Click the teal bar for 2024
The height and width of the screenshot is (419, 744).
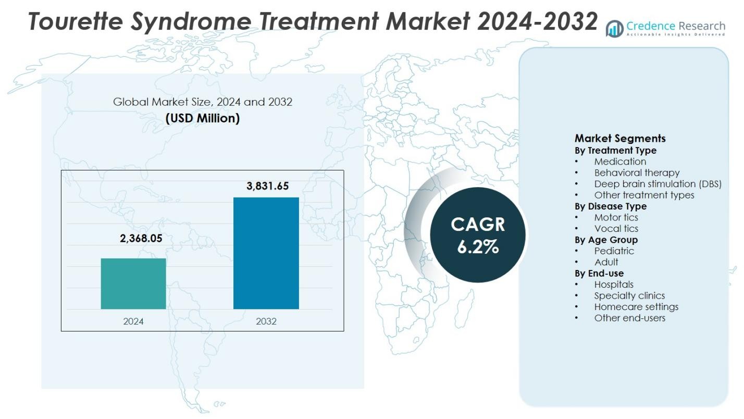[x=133, y=284]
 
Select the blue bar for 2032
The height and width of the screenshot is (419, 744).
[x=266, y=253]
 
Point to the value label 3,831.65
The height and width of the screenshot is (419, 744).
[x=267, y=186]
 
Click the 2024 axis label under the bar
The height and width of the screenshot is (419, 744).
[x=133, y=321]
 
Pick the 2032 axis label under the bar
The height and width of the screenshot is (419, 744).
[x=266, y=321]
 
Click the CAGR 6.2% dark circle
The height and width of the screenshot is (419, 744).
[x=478, y=235]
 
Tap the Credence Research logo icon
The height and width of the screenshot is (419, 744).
[x=615, y=29]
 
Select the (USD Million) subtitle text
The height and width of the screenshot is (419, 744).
[x=203, y=118]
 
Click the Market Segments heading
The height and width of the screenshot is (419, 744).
[x=620, y=138]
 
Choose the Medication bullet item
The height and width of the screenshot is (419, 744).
[x=620, y=162]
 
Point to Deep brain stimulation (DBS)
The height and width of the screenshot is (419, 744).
[x=658, y=184]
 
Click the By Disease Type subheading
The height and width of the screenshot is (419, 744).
[x=611, y=206]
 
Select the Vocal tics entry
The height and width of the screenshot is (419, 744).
[x=616, y=228]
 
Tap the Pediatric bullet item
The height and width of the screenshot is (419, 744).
[x=614, y=251]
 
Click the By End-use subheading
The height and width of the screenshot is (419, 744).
[x=599, y=273]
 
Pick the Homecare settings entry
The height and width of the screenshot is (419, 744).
[x=636, y=306]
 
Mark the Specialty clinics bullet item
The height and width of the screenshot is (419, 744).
[x=629, y=295]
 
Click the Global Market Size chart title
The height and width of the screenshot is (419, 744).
[x=203, y=102]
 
